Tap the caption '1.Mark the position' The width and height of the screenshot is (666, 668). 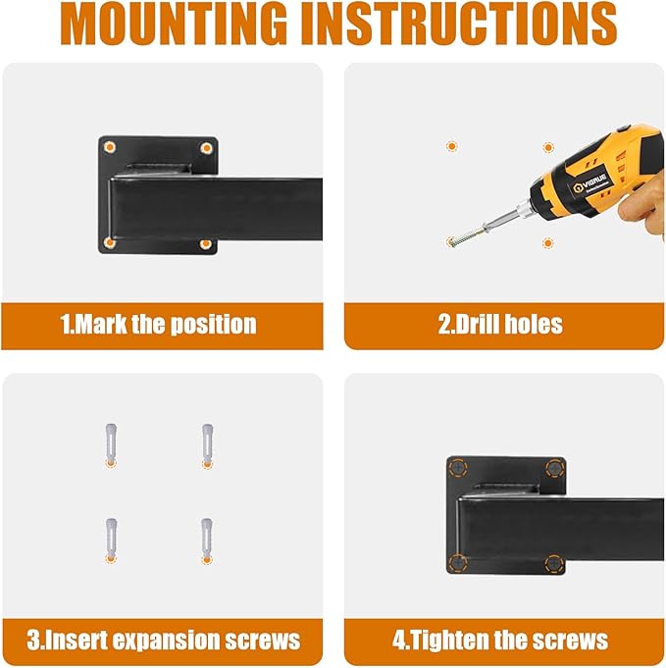click(158, 325)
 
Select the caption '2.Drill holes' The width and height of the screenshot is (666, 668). click(500, 325)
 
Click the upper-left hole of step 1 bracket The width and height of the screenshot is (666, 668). click(110, 147)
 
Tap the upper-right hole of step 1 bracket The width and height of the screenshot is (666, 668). click(206, 148)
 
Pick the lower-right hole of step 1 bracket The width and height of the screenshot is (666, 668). click(205, 244)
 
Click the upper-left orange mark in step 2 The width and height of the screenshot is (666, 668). click(451, 146)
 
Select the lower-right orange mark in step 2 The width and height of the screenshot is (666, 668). click(547, 243)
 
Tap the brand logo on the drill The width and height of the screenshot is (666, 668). click(589, 183)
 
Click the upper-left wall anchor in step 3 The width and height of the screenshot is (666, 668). click(111, 445)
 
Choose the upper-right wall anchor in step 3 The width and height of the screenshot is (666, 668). click(207, 445)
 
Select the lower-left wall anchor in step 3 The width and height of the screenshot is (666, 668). click(111, 540)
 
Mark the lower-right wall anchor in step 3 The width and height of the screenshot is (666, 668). click(207, 540)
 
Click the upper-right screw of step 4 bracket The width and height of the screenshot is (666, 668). click(555, 468)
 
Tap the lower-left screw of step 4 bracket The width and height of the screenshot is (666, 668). click(458, 563)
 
